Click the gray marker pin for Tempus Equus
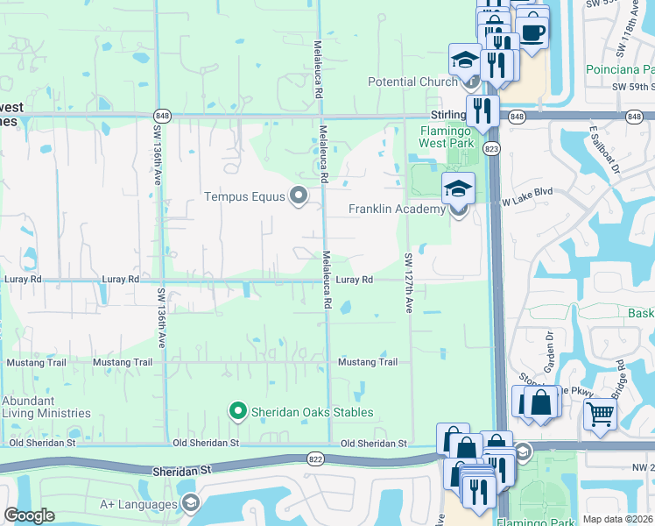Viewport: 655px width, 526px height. pos(299,196)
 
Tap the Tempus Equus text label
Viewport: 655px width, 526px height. pos(245,196)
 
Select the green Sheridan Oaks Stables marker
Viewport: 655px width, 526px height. pos(236,410)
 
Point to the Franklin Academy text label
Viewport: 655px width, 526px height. pos(398,210)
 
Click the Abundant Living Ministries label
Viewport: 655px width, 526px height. pos(46,407)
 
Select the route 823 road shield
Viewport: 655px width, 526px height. pos(492,150)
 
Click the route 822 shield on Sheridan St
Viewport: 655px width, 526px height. pos(316,458)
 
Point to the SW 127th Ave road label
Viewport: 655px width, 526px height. pos(408,283)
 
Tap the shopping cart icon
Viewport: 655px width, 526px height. pos(600,414)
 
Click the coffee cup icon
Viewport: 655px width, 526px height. pos(531,32)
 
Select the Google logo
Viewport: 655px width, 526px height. pos(30,515)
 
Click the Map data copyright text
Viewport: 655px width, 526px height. pos(618,519)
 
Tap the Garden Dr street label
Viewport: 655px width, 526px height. pos(551,347)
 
